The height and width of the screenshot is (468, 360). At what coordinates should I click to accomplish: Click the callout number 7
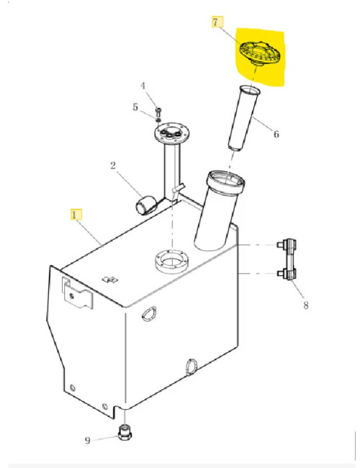click(215, 22)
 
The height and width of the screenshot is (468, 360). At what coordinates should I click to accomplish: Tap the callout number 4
click(143, 86)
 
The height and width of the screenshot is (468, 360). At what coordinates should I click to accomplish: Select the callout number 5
click(135, 107)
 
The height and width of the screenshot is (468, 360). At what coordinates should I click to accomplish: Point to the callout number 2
click(113, 166)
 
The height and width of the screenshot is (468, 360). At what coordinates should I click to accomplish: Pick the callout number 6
click(276, 135)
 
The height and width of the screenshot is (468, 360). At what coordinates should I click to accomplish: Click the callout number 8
click(306, 305)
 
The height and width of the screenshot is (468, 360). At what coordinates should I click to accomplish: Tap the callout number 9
click(87, 441)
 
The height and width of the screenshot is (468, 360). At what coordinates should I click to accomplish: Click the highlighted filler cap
click(260, 53)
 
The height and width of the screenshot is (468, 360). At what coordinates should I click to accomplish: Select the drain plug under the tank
click(125, 432)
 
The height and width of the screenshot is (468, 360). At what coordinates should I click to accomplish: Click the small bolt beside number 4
click(158, 112)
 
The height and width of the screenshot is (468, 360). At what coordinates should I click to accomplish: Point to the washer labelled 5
click(158, 120)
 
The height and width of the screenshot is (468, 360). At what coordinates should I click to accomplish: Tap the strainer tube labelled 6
click(244, 118)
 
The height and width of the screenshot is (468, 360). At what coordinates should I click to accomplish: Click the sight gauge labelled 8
click(287, 259)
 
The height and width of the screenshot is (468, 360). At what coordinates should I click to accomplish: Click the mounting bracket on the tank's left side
click(77, 292)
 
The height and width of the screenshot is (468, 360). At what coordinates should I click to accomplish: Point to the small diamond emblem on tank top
click(110, 279)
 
